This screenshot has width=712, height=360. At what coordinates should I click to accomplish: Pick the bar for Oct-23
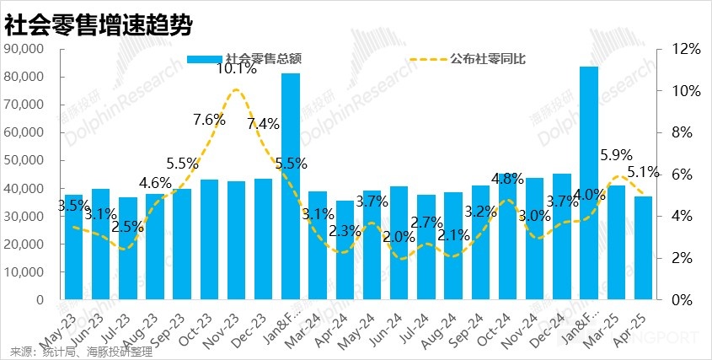tap(209, 239)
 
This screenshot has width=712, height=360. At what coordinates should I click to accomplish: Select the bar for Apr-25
tap(643, 248)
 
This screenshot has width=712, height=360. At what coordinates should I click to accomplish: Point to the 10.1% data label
tap(237, 70)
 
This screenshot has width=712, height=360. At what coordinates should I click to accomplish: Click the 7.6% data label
tap(209, 120)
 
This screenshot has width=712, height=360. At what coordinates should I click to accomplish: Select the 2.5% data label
tap(128, 227)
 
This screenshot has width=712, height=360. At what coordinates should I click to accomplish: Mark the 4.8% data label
tap(507, 179)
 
